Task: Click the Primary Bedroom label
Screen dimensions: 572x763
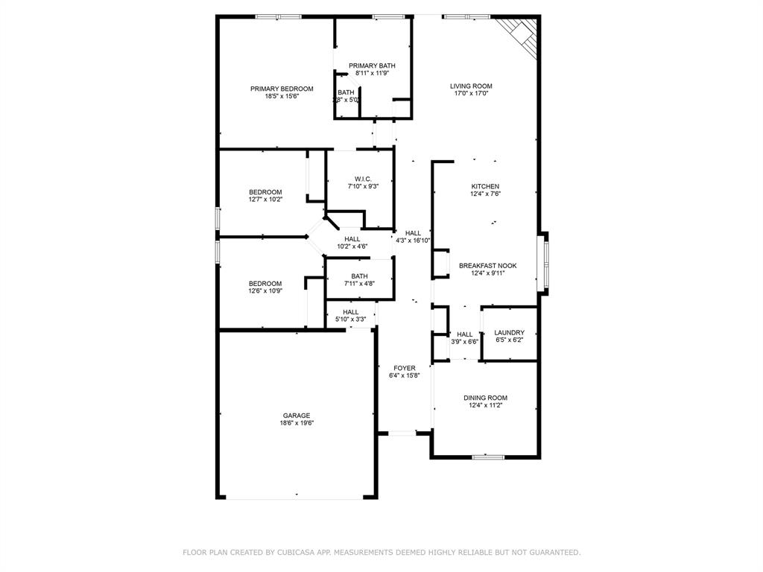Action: (282, 89)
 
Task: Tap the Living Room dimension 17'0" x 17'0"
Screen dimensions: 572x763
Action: (471, 94)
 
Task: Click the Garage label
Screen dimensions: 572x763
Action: (296, 416)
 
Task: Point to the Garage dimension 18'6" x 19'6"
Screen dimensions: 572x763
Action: (297, 423)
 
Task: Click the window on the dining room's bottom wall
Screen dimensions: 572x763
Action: (488, 456)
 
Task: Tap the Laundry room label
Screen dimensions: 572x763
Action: (510, 333)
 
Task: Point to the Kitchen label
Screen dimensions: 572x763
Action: (485, 186)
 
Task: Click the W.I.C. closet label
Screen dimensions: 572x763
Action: (363, 179)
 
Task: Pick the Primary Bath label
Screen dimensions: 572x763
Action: (372, 66)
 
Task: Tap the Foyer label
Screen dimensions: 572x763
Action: (405, 368)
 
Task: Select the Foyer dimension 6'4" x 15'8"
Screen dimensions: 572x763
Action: (405, 375)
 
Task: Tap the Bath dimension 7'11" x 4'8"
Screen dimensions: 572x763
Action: (359, 283)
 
